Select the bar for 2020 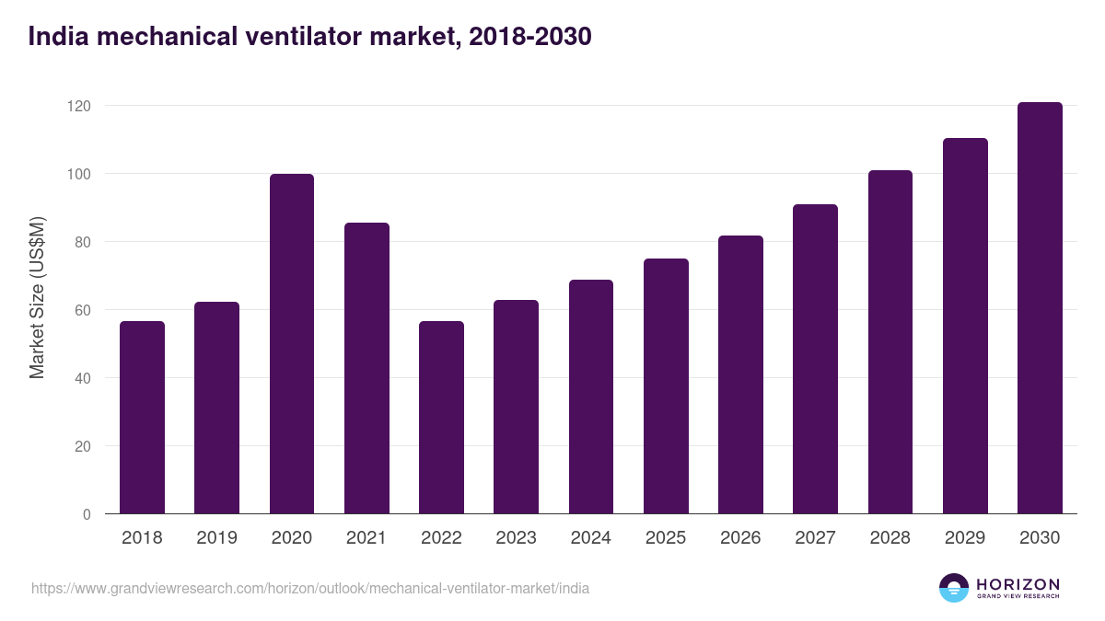pos(291,344)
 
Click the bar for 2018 pos(142,418)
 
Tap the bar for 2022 pos(441,418)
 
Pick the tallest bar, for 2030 pos(1040,308)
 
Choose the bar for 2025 pos(666,386)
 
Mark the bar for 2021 pos(366,368)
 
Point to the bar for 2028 pos(890,342)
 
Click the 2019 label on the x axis pos(216,538)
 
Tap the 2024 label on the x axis pos(590,538)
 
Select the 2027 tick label pos(815,538)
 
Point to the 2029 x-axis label pos(965,538)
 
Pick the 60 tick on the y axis pos(83,310)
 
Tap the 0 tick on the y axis pos(87,514)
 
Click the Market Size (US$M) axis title pos(37,297)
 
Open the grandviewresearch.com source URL pos(310,588)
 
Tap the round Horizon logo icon pos(954,588)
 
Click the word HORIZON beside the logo pos(1018,583)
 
